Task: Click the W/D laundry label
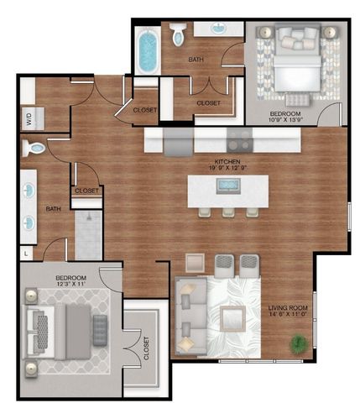tap(29, 119)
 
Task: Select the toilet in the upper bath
tap(179, 36)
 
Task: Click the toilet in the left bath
tap(33, 149)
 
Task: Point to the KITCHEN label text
tap(227, 160)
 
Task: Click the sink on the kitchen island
tap(228, 186)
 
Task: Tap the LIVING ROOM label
tap(289, 309)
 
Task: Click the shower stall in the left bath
tap(88, 234)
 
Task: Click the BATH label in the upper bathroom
tap(196, 60)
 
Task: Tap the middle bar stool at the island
tap(228, 212)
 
